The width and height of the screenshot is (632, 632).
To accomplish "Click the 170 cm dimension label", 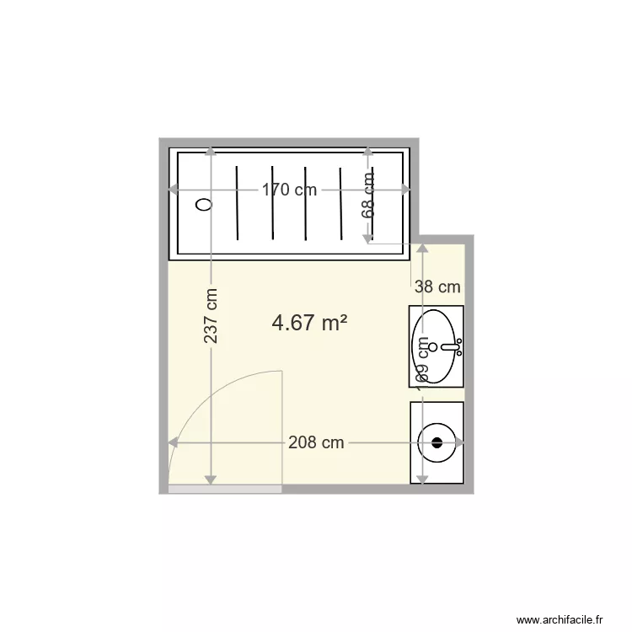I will click(x=289, y=190).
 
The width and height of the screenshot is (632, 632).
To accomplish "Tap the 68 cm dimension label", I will click(x=368, y=195).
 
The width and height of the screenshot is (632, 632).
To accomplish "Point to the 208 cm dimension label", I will click(x=316, y=442).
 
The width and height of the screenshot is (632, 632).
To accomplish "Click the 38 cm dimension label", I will click(x=437, y=287).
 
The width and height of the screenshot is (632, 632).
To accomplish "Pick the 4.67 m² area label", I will click(x=310, y=322).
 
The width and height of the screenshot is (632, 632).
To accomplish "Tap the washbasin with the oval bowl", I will click(x=437, y=345).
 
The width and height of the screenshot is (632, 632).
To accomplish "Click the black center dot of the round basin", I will click(x=437, y=442).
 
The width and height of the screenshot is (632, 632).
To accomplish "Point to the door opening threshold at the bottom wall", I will click(x=225, y=489).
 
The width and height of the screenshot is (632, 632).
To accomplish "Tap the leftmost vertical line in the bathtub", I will click(x=238, y=203).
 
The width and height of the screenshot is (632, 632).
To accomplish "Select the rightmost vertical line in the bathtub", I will click(x=340, y=203).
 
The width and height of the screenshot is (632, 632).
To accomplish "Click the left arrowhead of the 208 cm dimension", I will click(x=173, y=442).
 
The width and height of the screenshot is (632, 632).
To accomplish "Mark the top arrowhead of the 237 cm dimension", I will click(x=210, y=152).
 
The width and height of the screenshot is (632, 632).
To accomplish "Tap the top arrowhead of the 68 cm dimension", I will click(x=368, y=152).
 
